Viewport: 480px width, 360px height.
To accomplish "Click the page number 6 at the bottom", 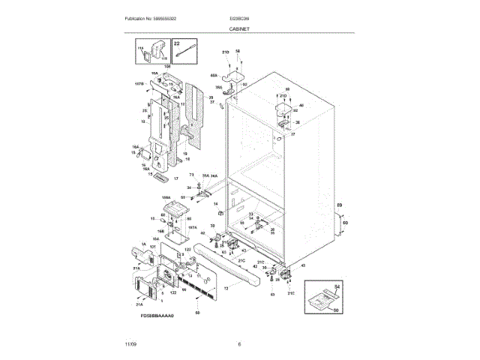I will pyautogui.click(x=239, y=343).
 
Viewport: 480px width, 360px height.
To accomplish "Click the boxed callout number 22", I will pyautogui.click(x=178, y=44).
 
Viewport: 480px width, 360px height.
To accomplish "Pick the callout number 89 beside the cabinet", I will pyautogui.click(x=338, y=205).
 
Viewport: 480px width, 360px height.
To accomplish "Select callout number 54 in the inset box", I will pyautogui.click(x=337, y=287).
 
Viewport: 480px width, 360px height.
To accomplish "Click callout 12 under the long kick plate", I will pyautogui.click(x=226, y=287).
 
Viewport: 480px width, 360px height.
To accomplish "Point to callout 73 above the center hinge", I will pyautogui.click(x=191, y=175).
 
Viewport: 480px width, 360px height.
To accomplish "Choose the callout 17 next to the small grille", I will pyautogui.click(x=176, y=179).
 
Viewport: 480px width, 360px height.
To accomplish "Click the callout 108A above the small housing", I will pyautogui.click(x=166, y=196).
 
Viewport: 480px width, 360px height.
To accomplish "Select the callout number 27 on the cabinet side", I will pyautogui.click(x=293, y=134).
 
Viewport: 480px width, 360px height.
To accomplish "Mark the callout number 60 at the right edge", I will pyautogui.click(x=344, y=223).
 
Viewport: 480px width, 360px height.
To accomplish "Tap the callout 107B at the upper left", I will pyautogui.click(x=139, y=84).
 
